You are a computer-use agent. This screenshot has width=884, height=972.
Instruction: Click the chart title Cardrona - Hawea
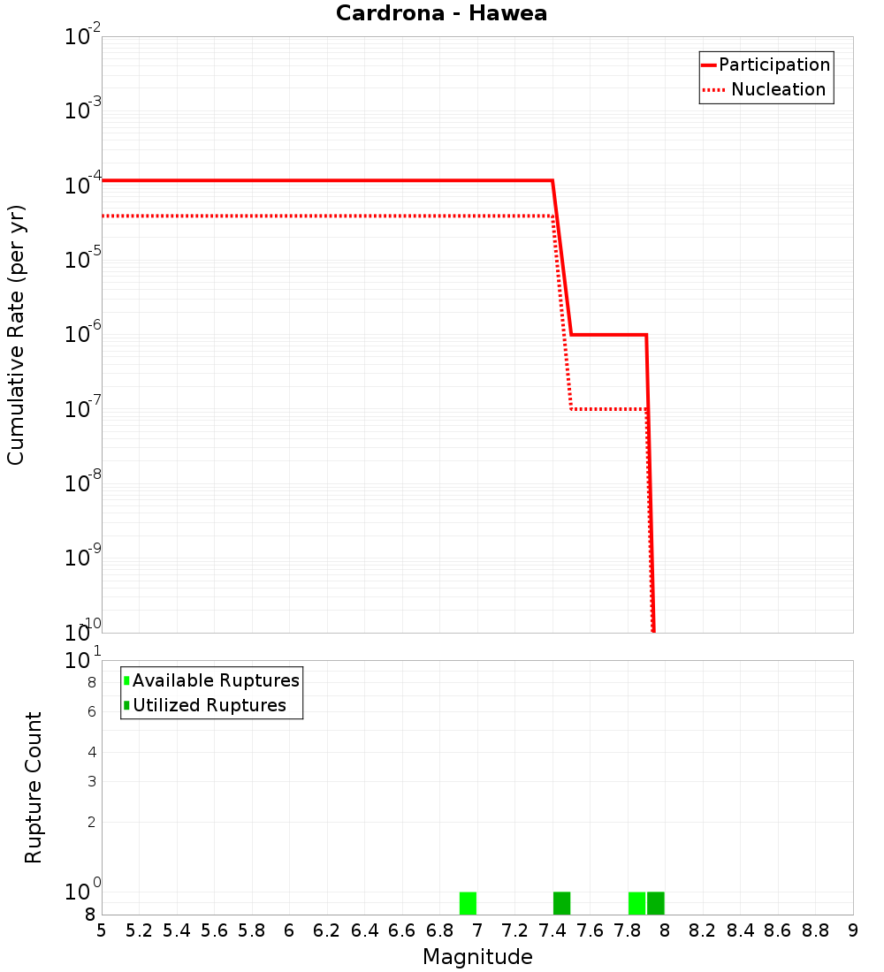pos(441,13)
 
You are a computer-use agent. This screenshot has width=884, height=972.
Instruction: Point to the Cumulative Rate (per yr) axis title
pos(16,334)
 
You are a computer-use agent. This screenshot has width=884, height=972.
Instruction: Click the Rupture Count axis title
pos(34,787)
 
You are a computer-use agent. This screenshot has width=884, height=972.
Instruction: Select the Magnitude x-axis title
pos(477,957)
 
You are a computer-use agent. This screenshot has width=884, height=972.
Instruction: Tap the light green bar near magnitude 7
pos(468,903)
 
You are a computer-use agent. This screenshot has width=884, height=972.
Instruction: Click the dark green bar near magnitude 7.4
pos(561,903)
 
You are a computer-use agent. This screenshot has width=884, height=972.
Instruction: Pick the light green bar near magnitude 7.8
pos(636,903)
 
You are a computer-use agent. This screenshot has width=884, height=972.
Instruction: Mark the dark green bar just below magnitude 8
pos(655,903)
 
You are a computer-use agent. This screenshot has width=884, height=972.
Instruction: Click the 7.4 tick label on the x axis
pos(552,930)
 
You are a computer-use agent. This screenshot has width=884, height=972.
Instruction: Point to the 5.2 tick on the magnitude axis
pos(139,930)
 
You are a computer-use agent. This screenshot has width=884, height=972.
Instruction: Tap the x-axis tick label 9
pos(853,930)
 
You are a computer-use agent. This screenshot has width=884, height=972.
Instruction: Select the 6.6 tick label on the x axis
pos(402,930)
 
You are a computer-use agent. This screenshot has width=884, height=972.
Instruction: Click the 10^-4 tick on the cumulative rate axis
pos(83,185)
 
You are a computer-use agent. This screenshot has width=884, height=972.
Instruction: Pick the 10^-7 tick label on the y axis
pos(83,408)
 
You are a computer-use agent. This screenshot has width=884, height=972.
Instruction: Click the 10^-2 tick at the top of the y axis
pos(83,36)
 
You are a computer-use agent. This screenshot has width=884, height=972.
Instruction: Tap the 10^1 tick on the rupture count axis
pos(83,660)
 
